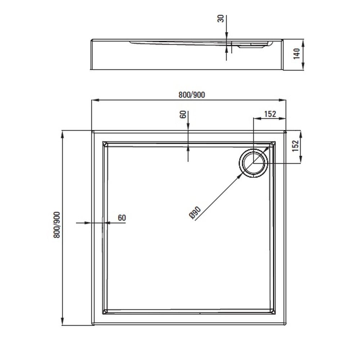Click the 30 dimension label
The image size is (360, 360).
coord(221,19)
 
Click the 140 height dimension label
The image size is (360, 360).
coord(297,54)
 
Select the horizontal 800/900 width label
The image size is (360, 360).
coord(192,95)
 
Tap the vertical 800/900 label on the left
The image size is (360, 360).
coord(57,225)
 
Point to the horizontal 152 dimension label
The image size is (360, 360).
coord(270,114)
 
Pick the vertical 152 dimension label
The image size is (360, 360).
coord(296,146)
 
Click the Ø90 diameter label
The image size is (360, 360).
coord(195,212)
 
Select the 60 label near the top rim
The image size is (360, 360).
coord(183,114)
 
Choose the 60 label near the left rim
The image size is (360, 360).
coord(122,218)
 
